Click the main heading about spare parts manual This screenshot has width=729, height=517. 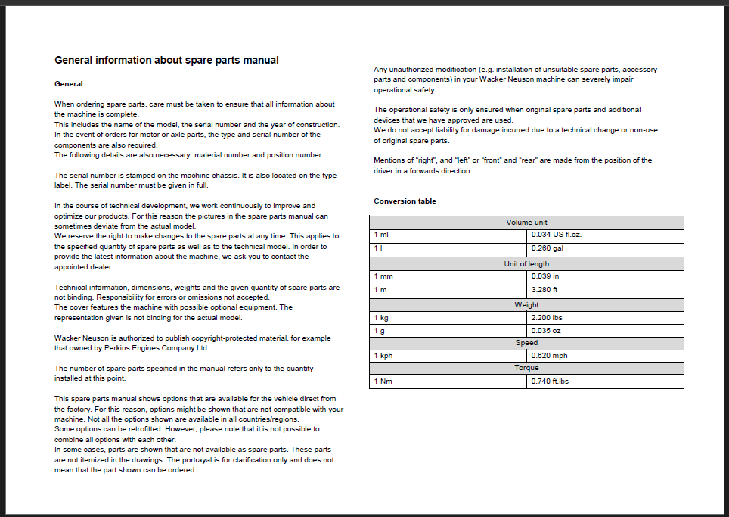(166, 60)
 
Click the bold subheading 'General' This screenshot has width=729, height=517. (69, 83)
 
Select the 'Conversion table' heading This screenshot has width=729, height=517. (405, 201)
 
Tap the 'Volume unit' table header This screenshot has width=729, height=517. (526, 223)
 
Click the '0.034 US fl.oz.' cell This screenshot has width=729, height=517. (557, 235)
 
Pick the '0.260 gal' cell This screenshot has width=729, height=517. (548, 248)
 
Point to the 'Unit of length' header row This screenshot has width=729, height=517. (526, 264)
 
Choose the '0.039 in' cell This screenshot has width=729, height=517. (545, 276)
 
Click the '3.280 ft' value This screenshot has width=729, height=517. (544, 289)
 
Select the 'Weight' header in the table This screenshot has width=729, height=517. (526, 305)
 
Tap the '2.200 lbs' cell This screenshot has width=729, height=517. (547, 318)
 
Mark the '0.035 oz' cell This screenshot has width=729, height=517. (546, 331)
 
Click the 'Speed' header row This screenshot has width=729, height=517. (526, 343)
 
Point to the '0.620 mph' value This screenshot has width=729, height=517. (550, 356)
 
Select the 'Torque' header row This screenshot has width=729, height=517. (526, 368)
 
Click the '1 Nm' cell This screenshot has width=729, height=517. (384, 381)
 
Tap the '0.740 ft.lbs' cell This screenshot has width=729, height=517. (550, 381)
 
